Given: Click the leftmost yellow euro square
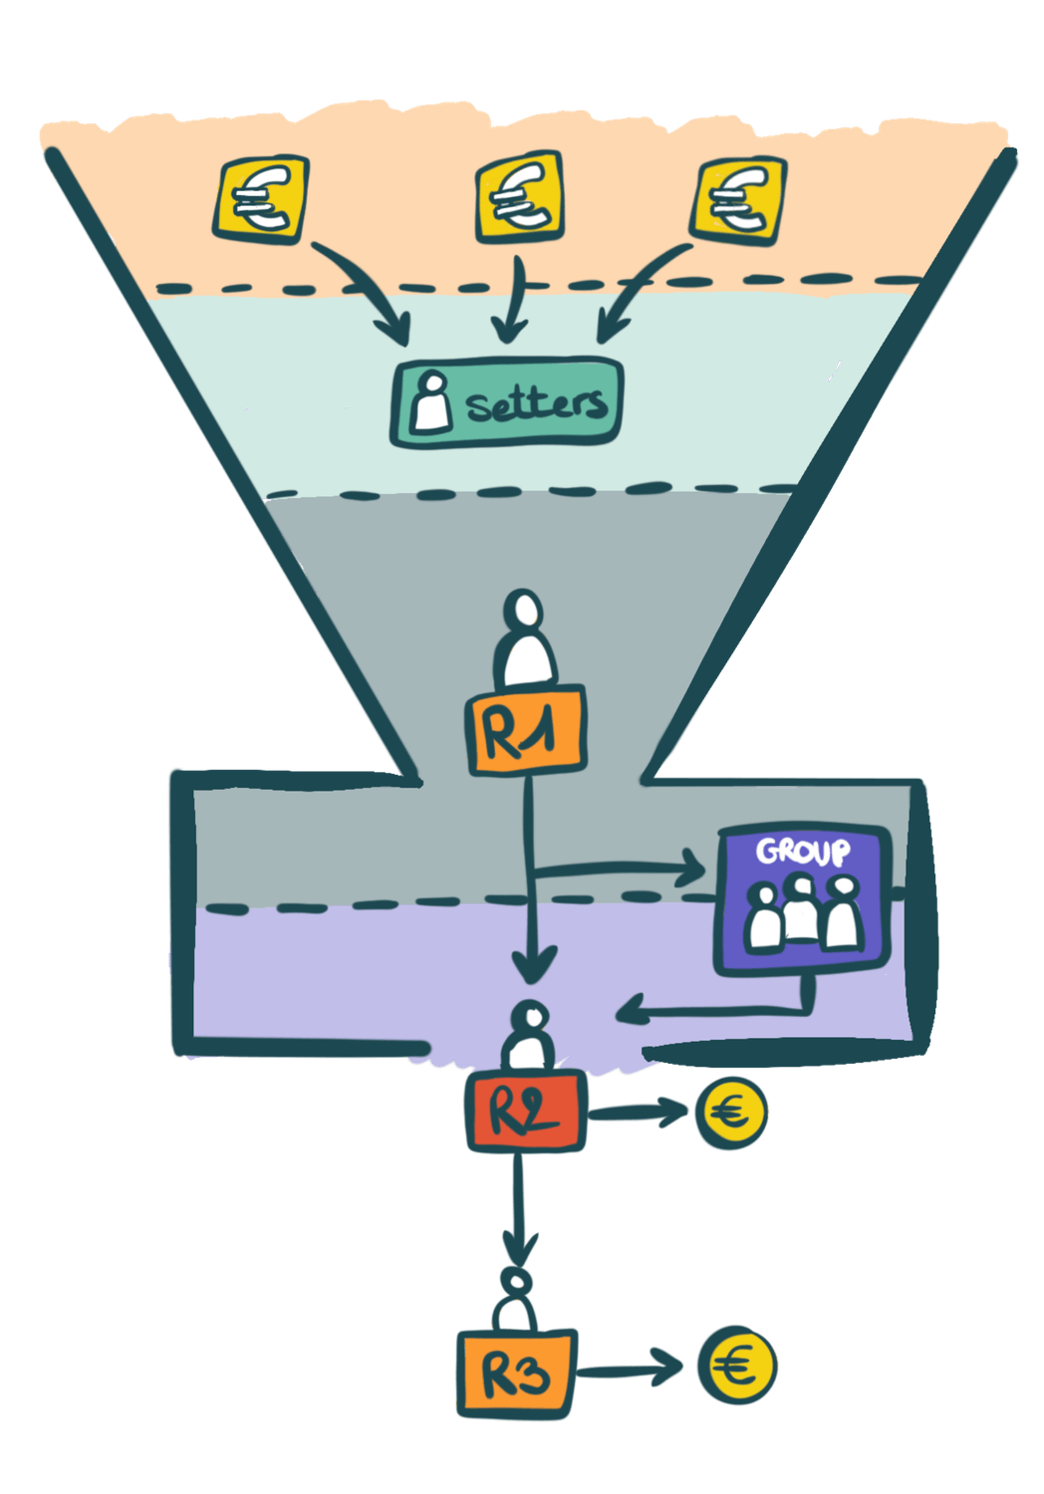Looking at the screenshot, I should (261, 198).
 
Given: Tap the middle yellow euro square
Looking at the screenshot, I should (518, 197).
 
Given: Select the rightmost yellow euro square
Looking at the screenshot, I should (738, 199).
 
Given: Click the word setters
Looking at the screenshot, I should (535, 403).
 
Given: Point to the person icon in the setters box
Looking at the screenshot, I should (431, 401).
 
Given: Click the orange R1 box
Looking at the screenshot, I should (525, 733).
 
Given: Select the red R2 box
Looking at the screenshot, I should (525, 1112).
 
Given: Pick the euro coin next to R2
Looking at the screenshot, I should (732, 1113).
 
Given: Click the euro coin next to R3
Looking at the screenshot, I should (737, 1366).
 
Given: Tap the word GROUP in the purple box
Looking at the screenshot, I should (803, 853).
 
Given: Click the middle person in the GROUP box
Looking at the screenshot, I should (801, 909).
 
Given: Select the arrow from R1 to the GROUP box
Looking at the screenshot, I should (618, 869).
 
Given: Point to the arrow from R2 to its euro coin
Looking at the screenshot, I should (638, 1113).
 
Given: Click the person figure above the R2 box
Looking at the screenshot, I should (529, 1037).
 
